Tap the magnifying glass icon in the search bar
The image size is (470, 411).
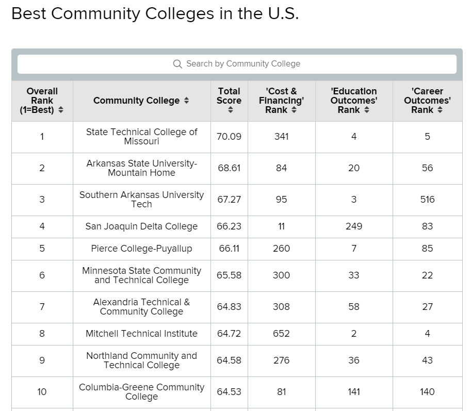click(x=177, y=64)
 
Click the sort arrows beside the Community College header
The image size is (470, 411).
click(x=187, y=101)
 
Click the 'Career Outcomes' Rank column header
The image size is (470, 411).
click(x=427, y=101)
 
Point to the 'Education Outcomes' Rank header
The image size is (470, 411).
click(x=353, y=101)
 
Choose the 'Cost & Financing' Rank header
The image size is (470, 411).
click(x=281, y=101)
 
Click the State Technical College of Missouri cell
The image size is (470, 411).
click(x=141, y=137)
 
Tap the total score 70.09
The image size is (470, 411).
click(x=229, y=137)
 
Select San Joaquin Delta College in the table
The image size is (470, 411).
click(x=141, y=226)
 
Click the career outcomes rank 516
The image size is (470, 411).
click(x=427, y=200)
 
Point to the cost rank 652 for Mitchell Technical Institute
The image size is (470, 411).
click(x=281, y=334)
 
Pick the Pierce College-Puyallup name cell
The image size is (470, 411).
click(x=141, y=249)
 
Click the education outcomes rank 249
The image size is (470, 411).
click(x=353, y=226)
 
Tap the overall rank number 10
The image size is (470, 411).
click(x=42, y=392)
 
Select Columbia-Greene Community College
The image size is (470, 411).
click(x=141, y=392)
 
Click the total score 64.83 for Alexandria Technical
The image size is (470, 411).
click(x=229, y=307)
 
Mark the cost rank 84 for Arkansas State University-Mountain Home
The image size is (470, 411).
click(x=281, y=168)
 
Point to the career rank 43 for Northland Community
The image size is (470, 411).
click(x=427, y=360)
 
